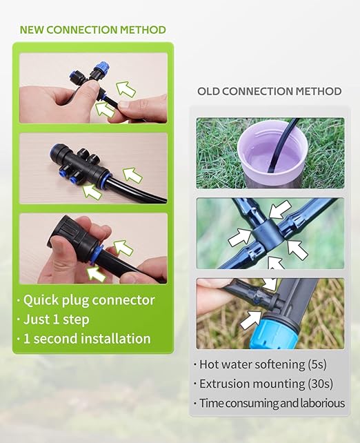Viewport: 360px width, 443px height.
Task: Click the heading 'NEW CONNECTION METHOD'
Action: (x=92, y=30)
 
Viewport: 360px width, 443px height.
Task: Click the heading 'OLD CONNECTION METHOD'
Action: (x=269, y=91)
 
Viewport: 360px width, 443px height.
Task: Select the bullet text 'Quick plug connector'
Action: (x=88, y=300)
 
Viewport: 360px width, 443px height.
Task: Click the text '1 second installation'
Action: (x=86, y=339)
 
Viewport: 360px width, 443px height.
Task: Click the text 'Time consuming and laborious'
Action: (x=271, y=403)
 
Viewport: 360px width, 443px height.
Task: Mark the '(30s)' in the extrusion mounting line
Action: (x=308, y=384)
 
